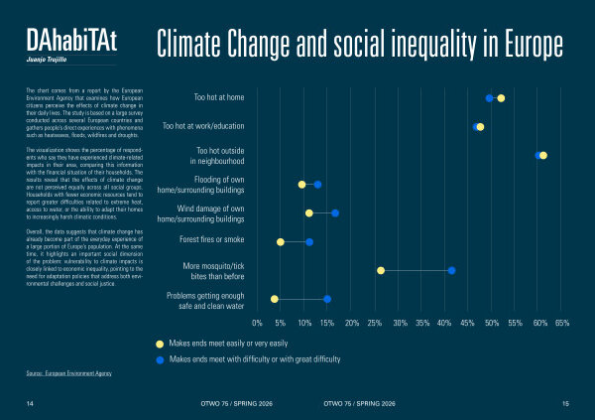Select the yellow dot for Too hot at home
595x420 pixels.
[502, 98]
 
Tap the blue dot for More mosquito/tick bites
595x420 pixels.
[451, 270]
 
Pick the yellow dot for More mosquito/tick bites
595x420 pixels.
[381, 270]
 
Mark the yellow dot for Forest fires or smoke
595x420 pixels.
[280, 242]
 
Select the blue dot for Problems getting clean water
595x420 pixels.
[327, 299]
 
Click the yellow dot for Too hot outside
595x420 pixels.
[543, 155]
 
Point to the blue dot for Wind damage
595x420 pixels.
[335, 213]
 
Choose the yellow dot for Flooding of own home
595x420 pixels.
[301, 185]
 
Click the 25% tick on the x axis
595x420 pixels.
[377, 323]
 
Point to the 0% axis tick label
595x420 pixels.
[258, 323]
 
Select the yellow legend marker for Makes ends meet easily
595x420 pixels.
[159, 343]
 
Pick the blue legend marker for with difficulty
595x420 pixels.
[159, 358]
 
